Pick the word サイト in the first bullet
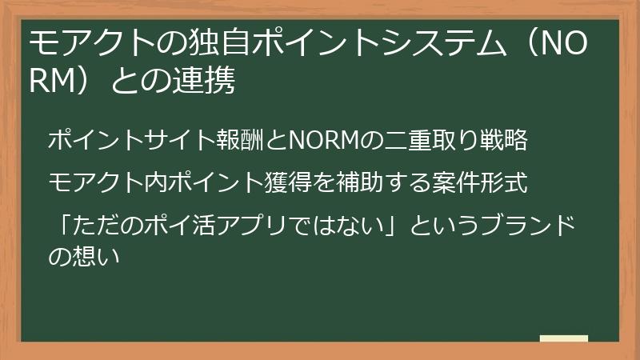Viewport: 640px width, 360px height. pos(190,141)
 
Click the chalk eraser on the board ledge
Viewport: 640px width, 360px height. pos(563,339)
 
